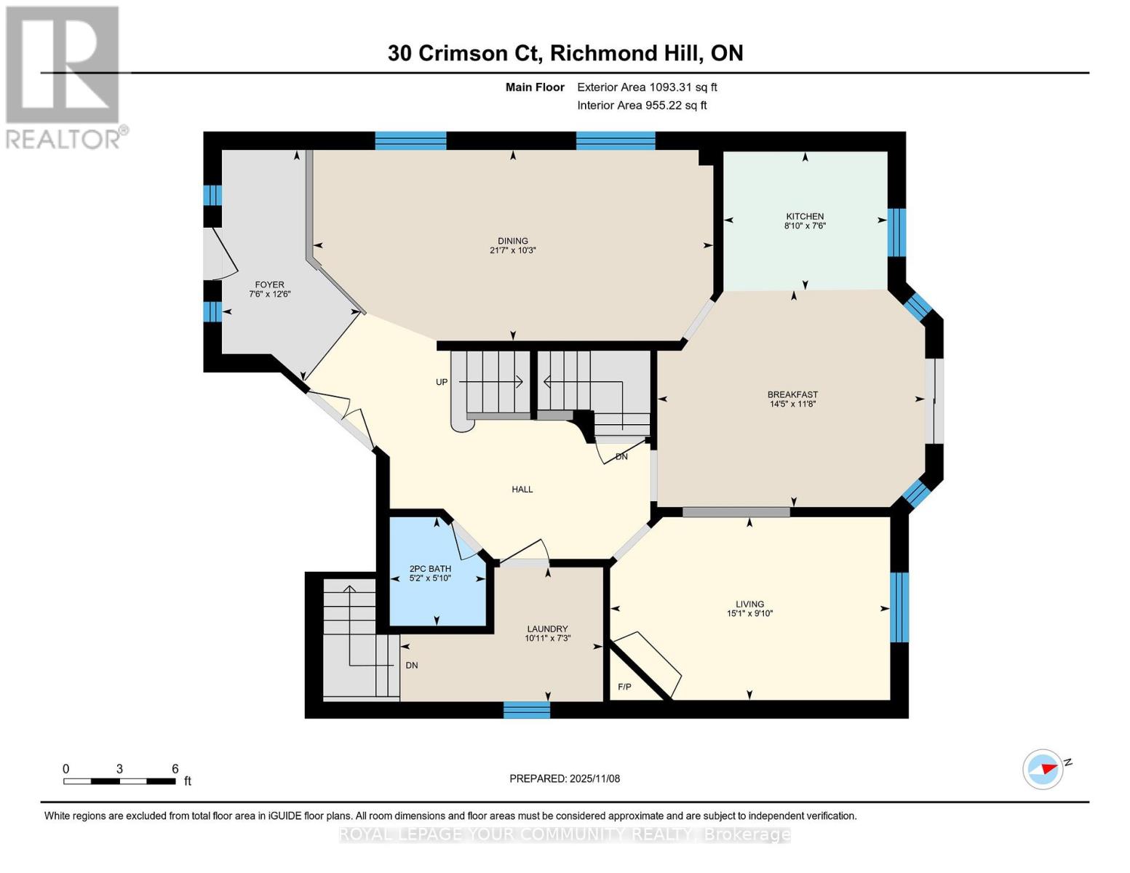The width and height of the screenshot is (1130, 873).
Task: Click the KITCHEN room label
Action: coord(804,216)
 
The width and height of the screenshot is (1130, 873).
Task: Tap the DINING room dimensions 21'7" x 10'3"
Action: coord(512,251)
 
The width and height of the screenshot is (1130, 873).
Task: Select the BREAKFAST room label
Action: coord(792,394)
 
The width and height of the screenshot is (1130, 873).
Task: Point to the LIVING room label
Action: coord(749,604)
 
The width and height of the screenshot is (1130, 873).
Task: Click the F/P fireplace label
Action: coord(624,687)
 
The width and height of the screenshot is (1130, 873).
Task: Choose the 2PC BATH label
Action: coord(430,569)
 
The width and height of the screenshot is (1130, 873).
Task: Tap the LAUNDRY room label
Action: coord(547,629)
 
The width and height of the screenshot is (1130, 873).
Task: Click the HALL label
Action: coord(522,490)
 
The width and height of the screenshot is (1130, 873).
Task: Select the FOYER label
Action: coord(269,285)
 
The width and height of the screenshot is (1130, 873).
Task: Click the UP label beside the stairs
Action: coord(442,382)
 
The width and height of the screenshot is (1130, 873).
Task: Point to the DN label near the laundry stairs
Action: coord(412,666)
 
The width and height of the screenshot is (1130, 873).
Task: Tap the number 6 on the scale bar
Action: coord(175,769)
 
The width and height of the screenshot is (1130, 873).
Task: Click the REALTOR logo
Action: coord(64,76)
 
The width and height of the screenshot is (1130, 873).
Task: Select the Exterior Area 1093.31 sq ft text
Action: coord(647,87)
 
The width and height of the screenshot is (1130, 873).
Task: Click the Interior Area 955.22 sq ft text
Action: coord(642,105)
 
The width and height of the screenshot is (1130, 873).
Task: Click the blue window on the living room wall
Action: coord(899,607)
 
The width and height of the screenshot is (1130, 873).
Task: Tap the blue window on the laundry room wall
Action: coord(527,710)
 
